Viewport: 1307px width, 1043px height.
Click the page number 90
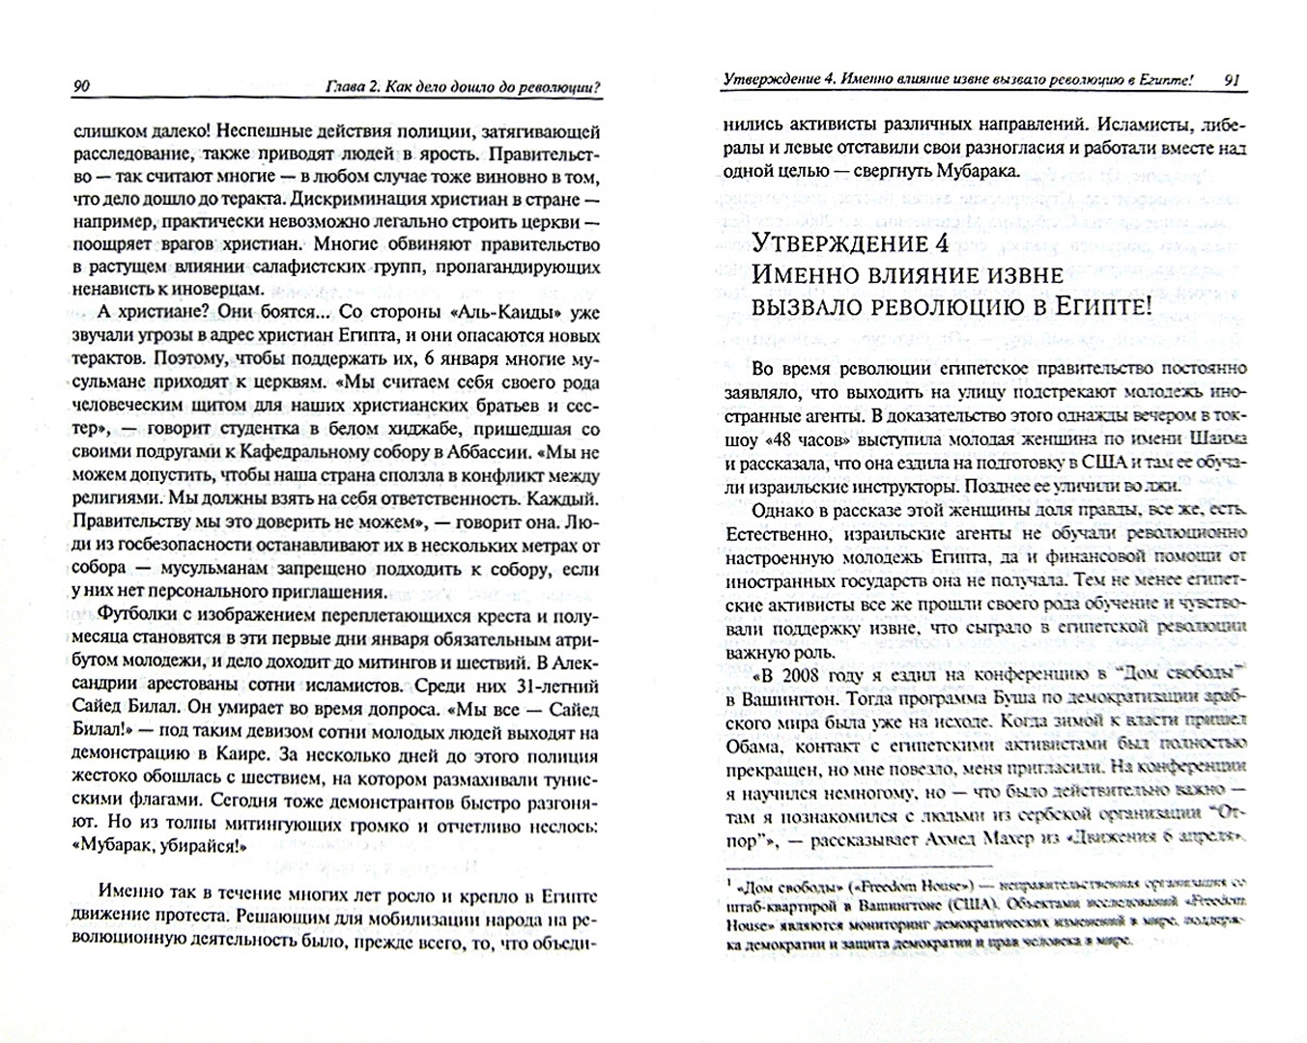pyautogui.click(x=81, y=89)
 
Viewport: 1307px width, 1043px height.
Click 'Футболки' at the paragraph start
pyautogui.click(x=130, y=616)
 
